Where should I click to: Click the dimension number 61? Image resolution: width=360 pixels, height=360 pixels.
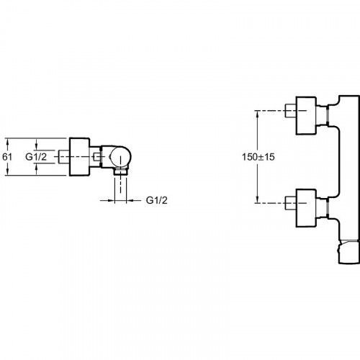coord(7,157)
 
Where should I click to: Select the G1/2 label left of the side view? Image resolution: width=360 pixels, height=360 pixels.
coord(36,157)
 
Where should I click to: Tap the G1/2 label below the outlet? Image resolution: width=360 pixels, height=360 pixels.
coord(157,200)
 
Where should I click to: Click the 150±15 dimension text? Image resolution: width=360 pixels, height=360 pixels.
coord(258,157)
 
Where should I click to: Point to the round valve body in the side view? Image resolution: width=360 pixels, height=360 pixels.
coord(120,157)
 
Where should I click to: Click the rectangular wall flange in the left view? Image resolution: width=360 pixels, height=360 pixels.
coord(79,157)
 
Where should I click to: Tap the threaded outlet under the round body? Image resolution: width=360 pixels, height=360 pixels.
coord(120,171)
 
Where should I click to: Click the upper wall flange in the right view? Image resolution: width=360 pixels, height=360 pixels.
coord(306,115)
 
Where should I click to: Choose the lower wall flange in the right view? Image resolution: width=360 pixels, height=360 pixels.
coord(306,208)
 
